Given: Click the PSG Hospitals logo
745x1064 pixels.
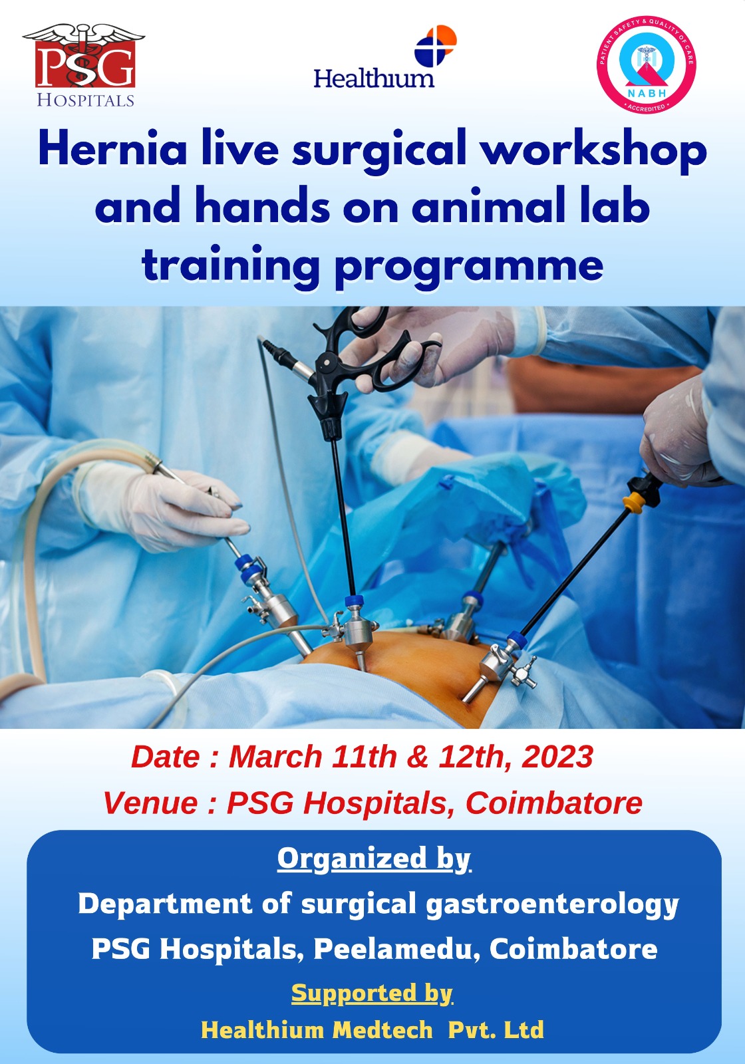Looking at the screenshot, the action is pos(84,66).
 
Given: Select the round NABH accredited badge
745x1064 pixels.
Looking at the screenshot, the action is pos(646,64).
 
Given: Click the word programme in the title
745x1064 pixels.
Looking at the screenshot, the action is pos(470,267).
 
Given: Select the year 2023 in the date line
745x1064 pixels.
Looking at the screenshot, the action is pos(557,756).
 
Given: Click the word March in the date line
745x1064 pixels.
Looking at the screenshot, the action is pos(275,756).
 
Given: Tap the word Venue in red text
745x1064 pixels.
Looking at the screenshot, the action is pos(150,803).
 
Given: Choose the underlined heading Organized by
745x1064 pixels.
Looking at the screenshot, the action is pos(374,859).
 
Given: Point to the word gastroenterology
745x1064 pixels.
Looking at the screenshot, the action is pos(552,904).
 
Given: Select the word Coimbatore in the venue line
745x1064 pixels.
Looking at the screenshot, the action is pos(554,803).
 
